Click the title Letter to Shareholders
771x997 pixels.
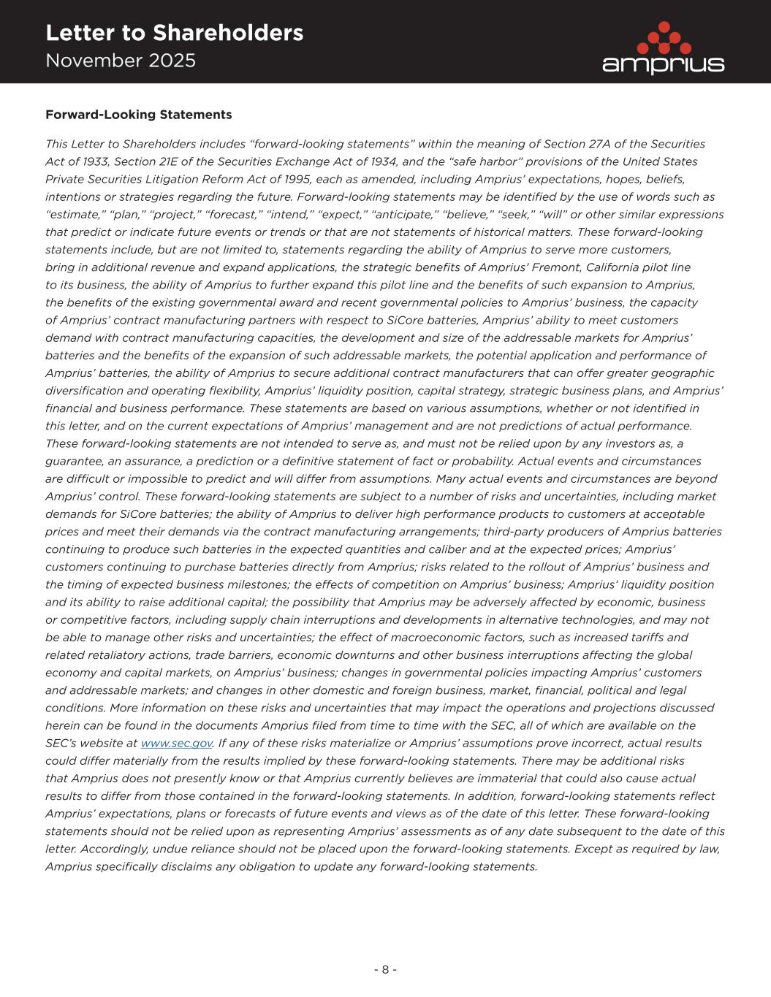(x=174, y=33)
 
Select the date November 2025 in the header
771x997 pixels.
(x=121, y=61)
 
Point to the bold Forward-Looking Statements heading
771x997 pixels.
(x=139, y=115)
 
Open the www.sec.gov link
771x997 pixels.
(x=176, y=743)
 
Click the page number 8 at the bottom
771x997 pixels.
(x=385, y=969)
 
